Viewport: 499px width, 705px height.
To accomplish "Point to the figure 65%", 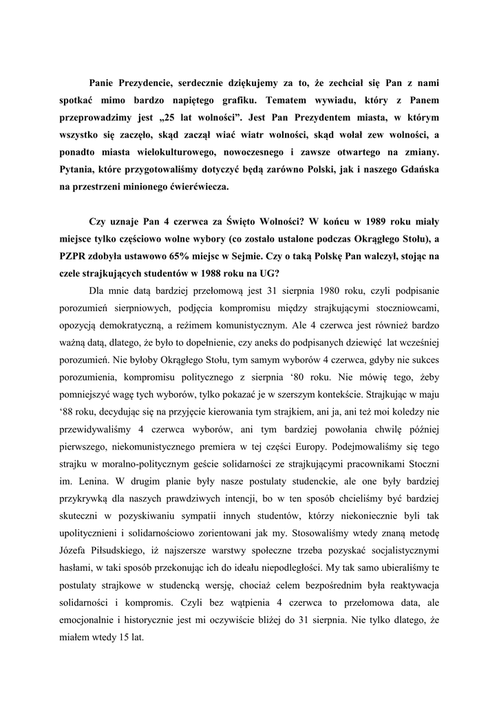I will point(177,257).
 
